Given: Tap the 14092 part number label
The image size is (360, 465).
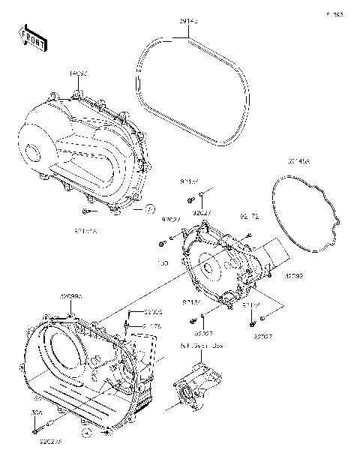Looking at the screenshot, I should pyautogui.click(x=78, y=73).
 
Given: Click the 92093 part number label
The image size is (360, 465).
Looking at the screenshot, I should pyautogui.click(x=295, y=277).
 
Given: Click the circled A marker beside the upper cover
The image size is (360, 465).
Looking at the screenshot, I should pyautogui.click(x=149, y=208).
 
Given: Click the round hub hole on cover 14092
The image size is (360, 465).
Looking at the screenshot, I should pyautogui.click(x=31, y=151).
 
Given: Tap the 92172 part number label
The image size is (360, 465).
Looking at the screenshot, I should pyautogui.click(x=250, y=216).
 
